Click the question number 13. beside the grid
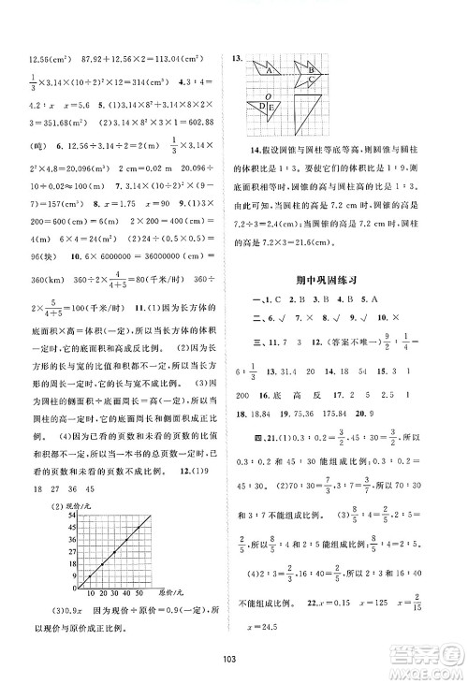click(x=239, y=58)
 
